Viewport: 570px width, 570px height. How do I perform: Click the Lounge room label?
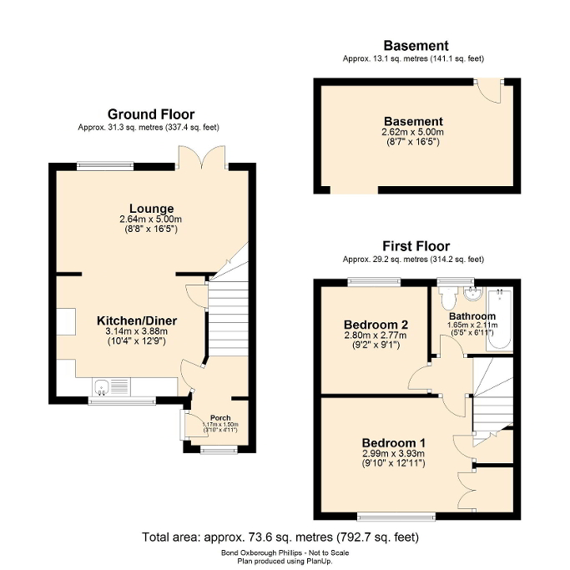click(x=151, y=208)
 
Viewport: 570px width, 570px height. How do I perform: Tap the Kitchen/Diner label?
click(x=137, y=320)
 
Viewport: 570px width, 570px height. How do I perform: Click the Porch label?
click(x=220, y=417)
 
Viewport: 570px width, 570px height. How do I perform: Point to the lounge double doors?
click(x=201, y=157)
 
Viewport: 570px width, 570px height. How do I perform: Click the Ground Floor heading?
click(x=151, y=114)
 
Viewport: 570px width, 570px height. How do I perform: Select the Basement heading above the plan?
click(x=415, y=46)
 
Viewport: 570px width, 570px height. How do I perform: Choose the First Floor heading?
click(x=416, y=246)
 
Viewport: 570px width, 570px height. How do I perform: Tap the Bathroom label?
click(x=472, y=316)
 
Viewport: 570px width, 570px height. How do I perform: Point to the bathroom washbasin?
click(x=472, y=293)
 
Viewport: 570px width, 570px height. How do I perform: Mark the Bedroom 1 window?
click(x=396, y=515)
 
